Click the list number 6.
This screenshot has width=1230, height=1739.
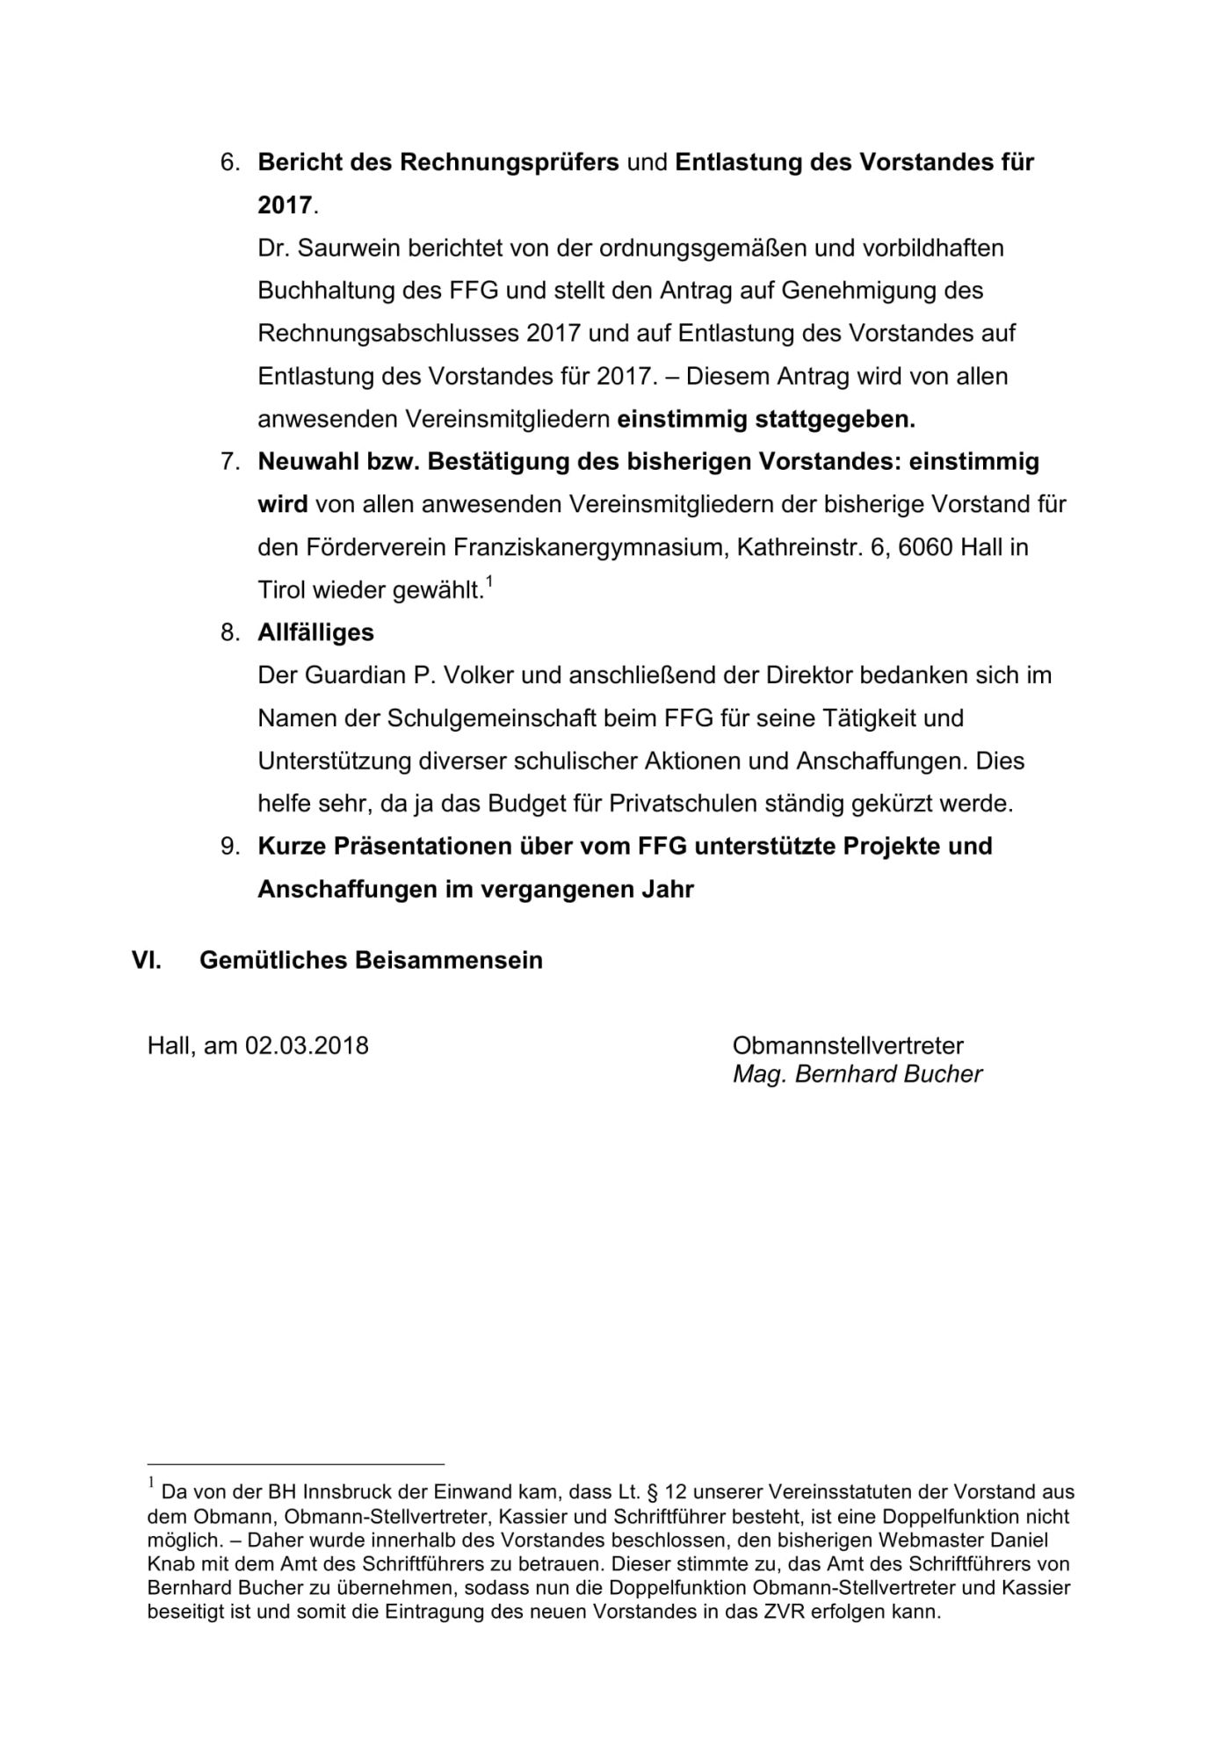click(x=229, y=162)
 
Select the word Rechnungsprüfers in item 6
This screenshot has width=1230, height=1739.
click(x=510, y=162)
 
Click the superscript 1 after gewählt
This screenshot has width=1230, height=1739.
click(x=489, y=581)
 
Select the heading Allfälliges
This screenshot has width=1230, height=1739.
click(x=315, y=632)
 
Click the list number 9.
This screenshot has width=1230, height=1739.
click(x=229, y=847)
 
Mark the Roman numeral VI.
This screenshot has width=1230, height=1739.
click(x=146, y=960)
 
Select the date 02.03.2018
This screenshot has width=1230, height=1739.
click(x=307, y=1046)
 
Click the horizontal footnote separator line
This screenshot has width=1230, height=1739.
click(x=296, y=1464)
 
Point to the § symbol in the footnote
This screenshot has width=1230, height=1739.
click(x=652, y=1491)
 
